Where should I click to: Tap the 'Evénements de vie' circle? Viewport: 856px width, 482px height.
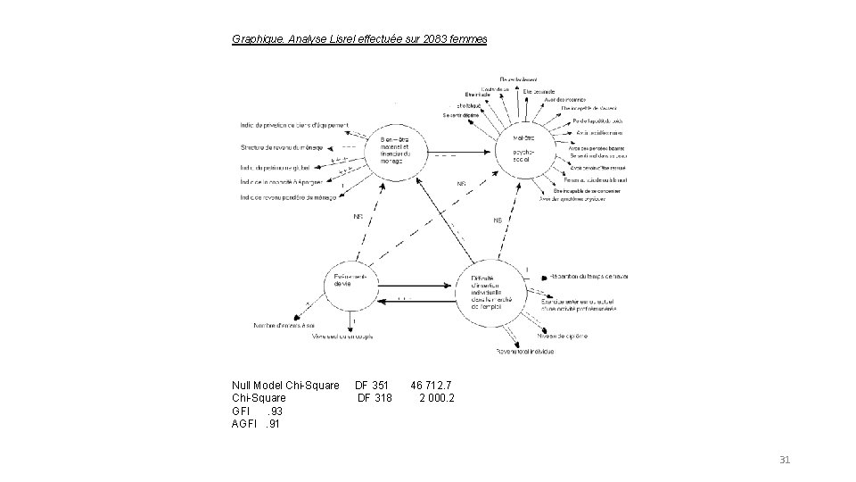[355, 287]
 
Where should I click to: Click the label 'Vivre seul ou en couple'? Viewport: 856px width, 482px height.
[342, 337]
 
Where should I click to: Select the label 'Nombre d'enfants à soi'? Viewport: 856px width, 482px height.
[284, 325]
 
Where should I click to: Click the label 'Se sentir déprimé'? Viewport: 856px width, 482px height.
[460, 115]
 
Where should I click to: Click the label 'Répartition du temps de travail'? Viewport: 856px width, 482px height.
[589, 276]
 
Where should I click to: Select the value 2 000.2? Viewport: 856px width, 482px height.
[437, 398]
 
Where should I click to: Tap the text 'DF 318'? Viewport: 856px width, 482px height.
[374, 398]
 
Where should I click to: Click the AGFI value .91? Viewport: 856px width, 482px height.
[275, 423]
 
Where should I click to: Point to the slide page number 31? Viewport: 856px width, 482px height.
[785, 460]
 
